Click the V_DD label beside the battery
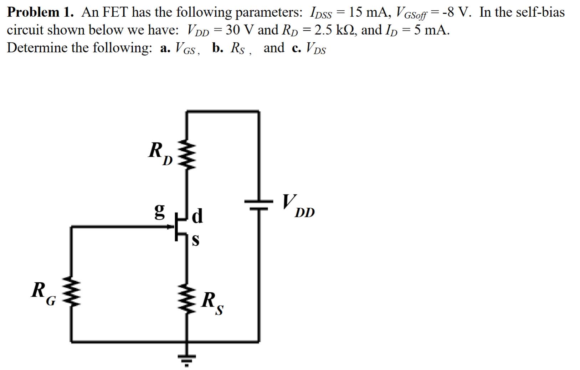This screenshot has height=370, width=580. coord(298,206)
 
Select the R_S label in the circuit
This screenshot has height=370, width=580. coord(212,303)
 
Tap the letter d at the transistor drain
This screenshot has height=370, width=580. coord(197,216)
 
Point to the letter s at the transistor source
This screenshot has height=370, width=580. coord(195,241)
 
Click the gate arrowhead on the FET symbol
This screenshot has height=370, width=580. coord(170,226)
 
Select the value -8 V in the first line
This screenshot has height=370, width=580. coord(454,12)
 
